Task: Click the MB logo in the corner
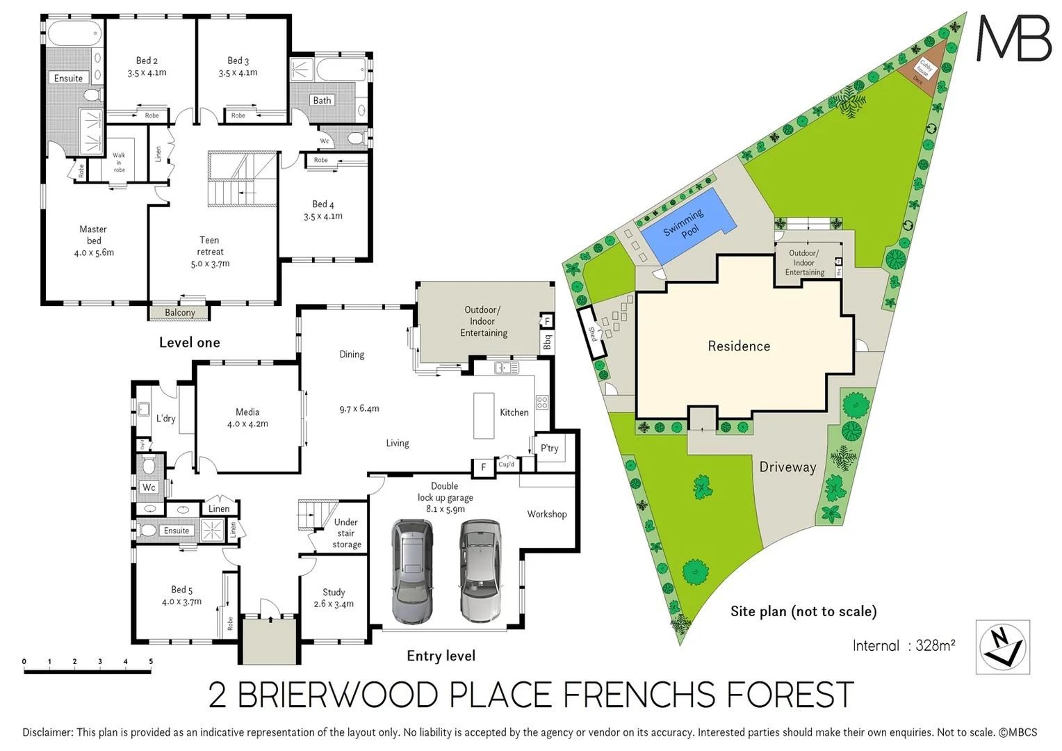pyautogui.click(x=1014, y=39)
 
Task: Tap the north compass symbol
pyautogui.click(x=1002, y=647)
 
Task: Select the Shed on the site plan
pyautogui.click(x=592, y=333)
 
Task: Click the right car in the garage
pyautogui.click(x=480, y=570)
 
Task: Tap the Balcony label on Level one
pyautogui.click(x=179, y=313)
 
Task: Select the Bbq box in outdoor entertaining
pyautogui.click(x=547, y=341)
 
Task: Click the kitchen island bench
pyautogui.click(x=484, y=416)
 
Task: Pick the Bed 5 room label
pyautogui.click(x=181, y=595)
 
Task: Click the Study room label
pyautogui.click(x=334, y=598)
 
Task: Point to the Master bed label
pyautogui.click(x=94, y=241)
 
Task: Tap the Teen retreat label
pyautogui.click(x=210, y=252)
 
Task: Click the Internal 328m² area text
pyautogui.click(x=904, y=645)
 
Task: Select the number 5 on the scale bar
pyautogui.click(x=151, y=661)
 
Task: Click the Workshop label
pyautogui.click(x=546, y=514)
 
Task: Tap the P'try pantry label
pyautogui.click(x=549, y=448)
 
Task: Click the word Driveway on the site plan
pyautogui.click(x=787, y=467)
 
